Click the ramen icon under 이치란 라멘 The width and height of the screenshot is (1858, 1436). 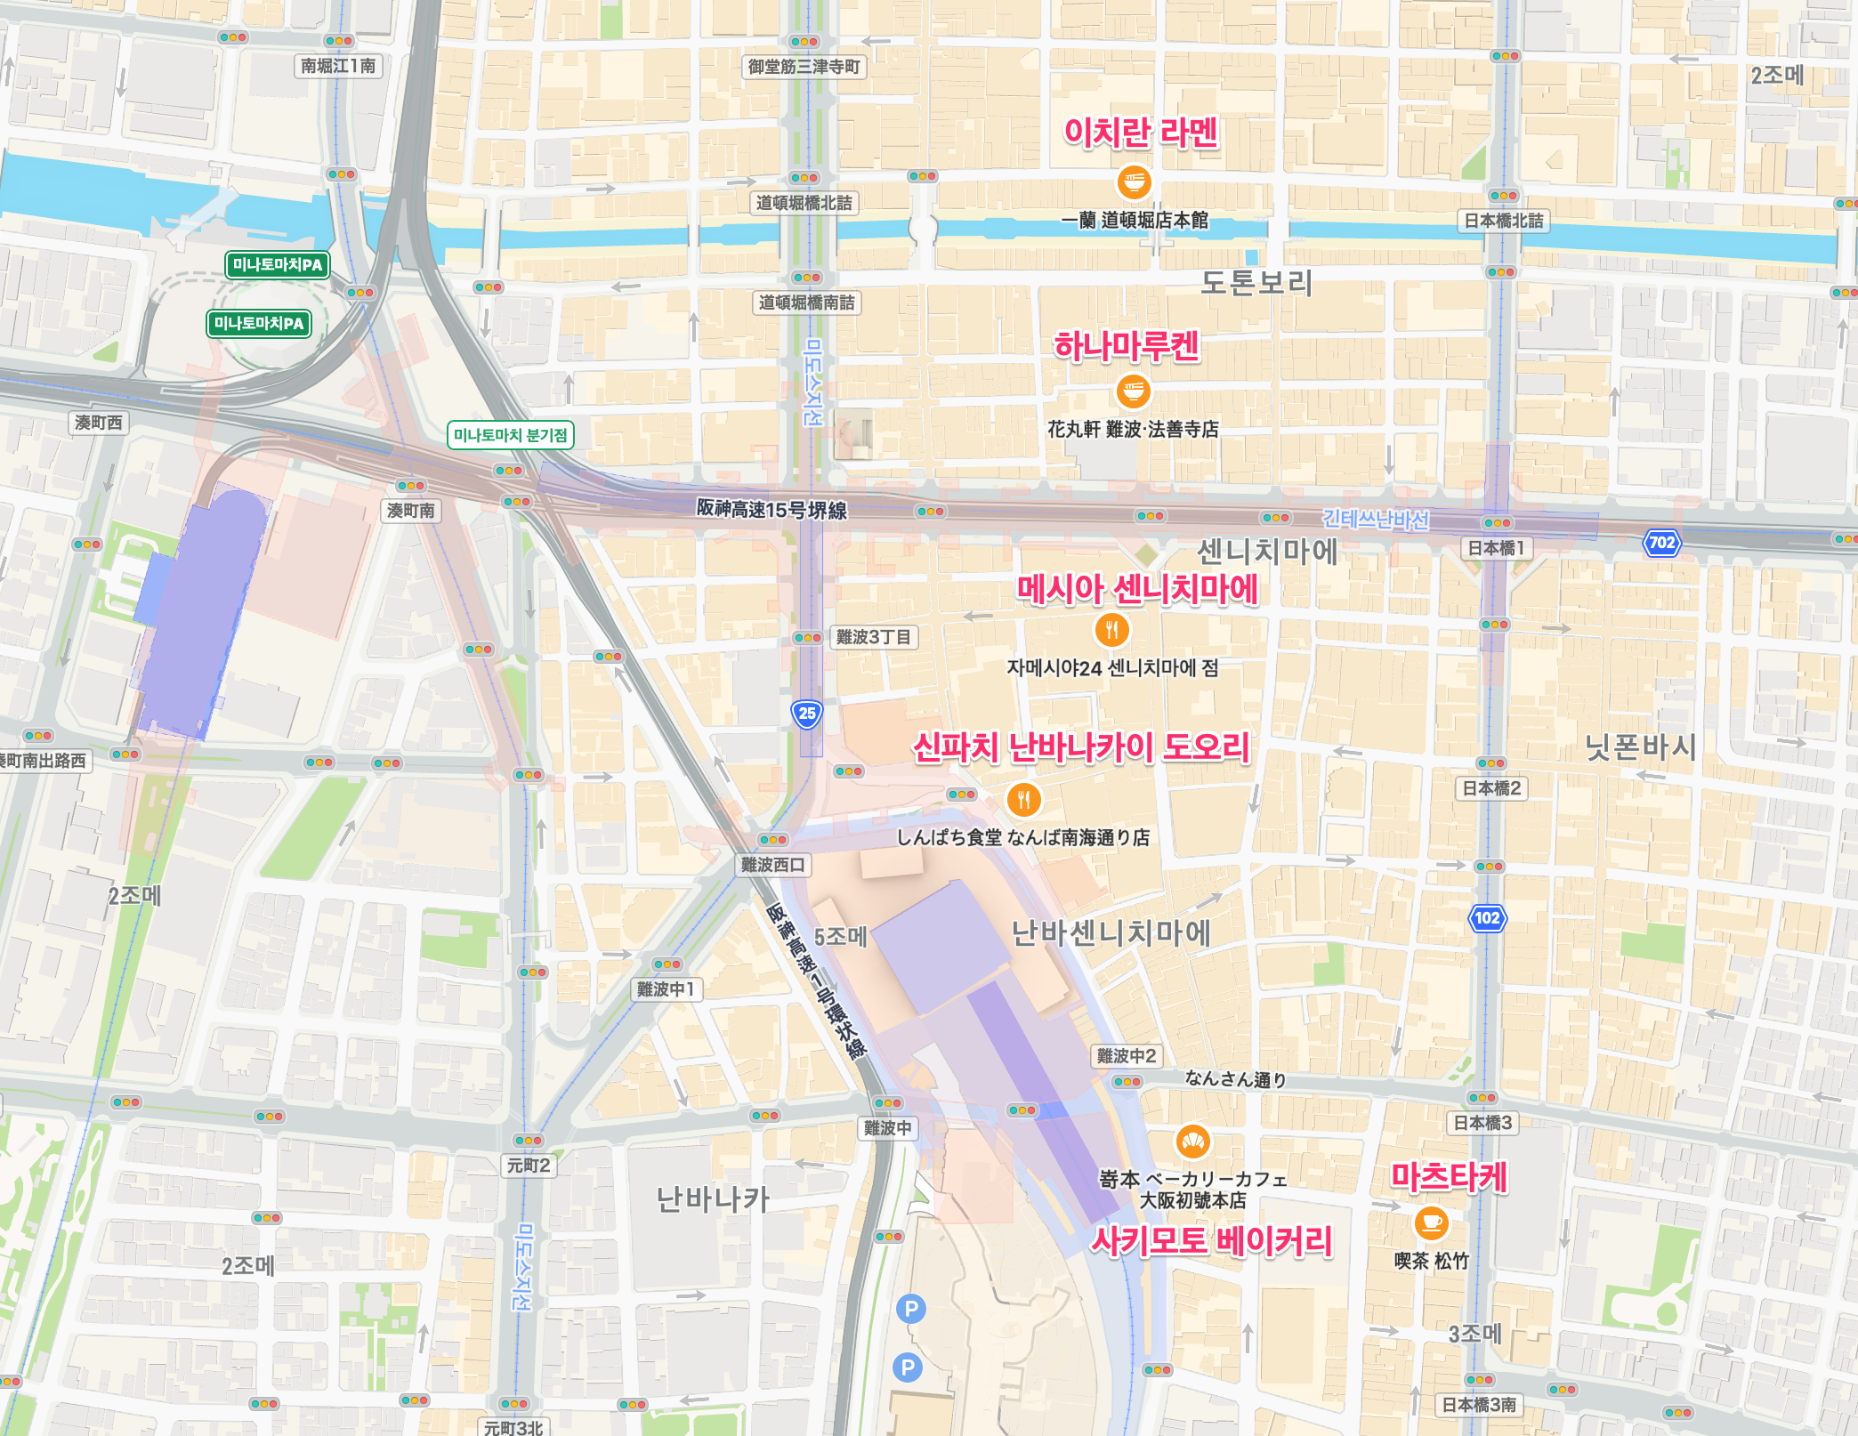(x=1134, y=183)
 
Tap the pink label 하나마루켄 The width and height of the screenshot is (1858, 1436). (x=1127, y=346)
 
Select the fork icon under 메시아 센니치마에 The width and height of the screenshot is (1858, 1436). (x=1111, y=630)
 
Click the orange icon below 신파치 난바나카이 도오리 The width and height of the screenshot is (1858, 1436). (x=1024, y=799)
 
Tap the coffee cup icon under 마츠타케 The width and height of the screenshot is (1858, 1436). (x=1432, y=1222)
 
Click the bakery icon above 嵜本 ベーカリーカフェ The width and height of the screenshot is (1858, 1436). (x=1192, y=1142)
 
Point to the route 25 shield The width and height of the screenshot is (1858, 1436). (x=807, y=714)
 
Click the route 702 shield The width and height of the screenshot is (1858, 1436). (x=1661, y=543)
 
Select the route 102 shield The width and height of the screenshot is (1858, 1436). (x=1487, y=918)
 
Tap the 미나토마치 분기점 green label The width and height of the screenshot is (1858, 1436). (x=510, y=435)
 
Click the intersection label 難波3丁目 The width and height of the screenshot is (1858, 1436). (x=873, y=637)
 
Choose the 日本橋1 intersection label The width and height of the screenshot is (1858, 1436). (x=1496, y=548)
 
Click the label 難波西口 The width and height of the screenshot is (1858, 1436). (x=772, y=865)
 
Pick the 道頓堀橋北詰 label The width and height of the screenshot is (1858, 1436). (x=804, y=203)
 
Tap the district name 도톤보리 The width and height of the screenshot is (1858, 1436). (x=1256, y=283)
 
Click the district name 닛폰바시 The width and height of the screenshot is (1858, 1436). (x=1640, y=746)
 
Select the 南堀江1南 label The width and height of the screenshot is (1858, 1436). (x=338, y=66)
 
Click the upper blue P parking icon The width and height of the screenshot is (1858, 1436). (x=910, y=1309)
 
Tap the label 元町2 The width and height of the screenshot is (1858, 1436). (x=529, y=1166)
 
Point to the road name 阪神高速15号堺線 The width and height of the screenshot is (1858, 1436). (x=771, y=509)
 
